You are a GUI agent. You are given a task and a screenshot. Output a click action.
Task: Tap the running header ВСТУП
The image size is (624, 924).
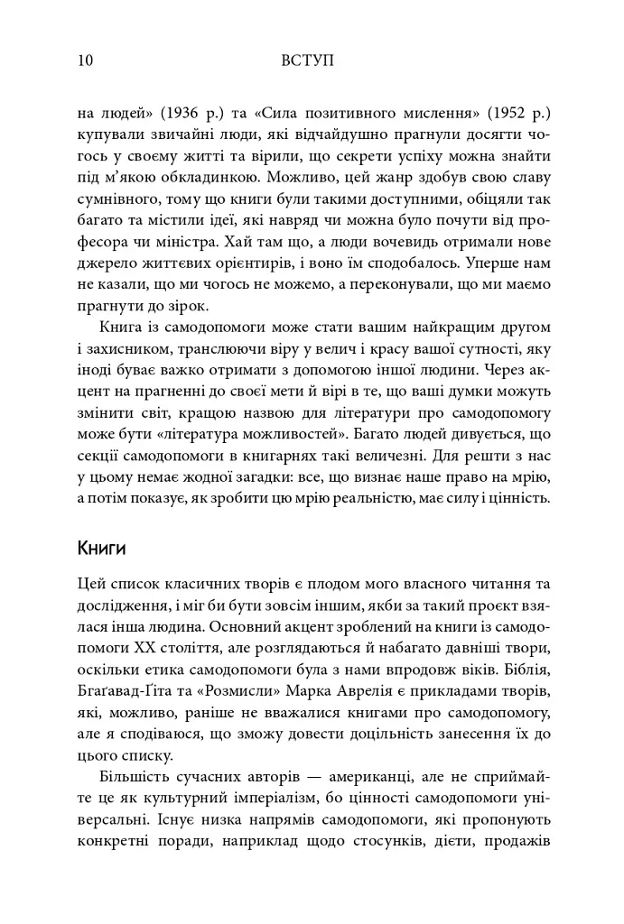coord(308,61)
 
